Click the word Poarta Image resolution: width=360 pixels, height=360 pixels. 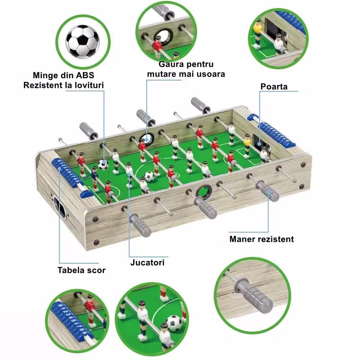click(x=274, y=86)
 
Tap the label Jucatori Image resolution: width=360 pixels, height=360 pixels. click(x=148, y=262)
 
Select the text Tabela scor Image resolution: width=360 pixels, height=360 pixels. click(x=81, y=270)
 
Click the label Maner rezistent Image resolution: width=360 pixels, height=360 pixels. click(x=261, y=239)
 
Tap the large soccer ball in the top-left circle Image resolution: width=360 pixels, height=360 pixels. click(x=83, y=41)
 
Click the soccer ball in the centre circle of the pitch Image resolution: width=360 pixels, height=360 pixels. click(x=149, y=176)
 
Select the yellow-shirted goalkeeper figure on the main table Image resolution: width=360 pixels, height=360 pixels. click(x=247, y=146)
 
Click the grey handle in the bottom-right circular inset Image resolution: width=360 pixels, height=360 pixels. click(x=254, y=294)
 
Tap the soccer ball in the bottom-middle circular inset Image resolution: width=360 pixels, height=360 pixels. click(x=174, y=323)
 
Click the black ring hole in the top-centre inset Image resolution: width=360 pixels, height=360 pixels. click(x=163, y=36)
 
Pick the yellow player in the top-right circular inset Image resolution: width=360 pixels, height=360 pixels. click(x=257, y=33)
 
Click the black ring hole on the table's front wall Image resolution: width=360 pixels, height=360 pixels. click(x=204, y=191)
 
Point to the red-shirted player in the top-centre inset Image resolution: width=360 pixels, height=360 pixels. click(x=158, y=48)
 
